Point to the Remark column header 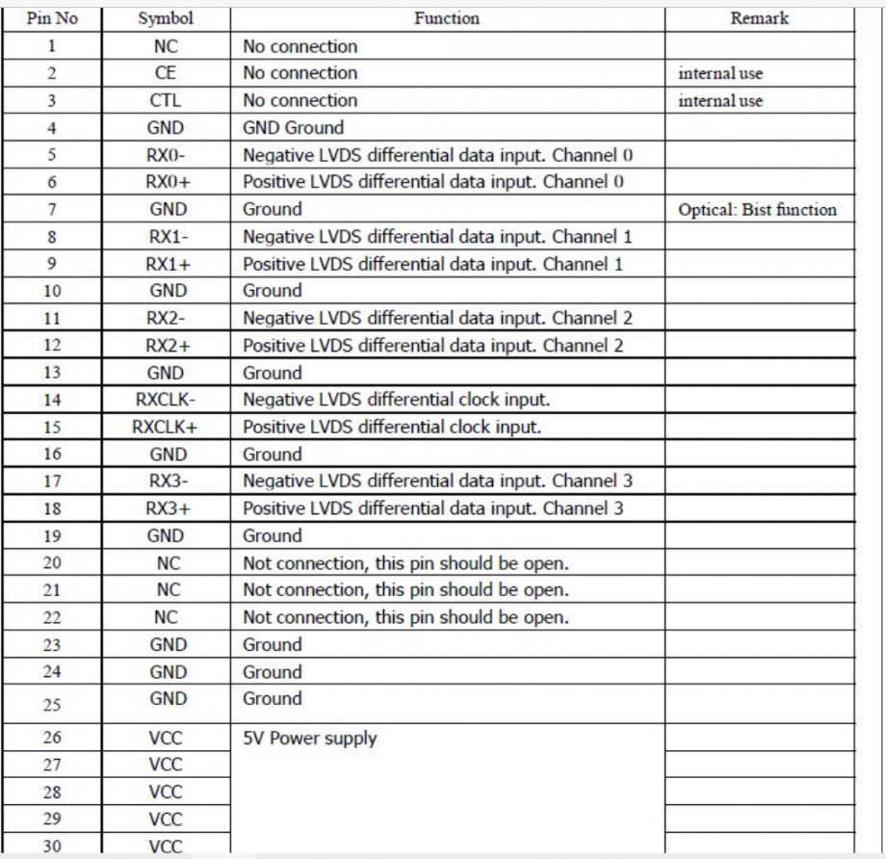tap(759, 18)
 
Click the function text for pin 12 tap(436, 345)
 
